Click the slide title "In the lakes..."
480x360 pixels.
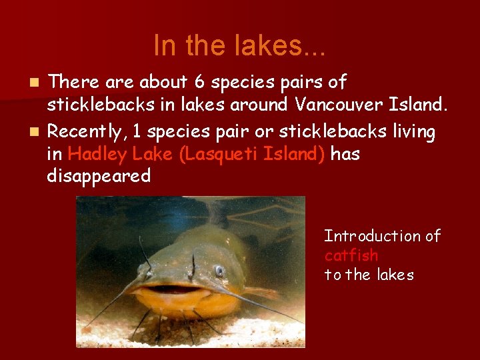click(239, 46)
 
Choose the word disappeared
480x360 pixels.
click(99, 176)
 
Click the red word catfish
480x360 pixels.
click(351, 255)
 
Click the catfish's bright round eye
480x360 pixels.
click(219, 271)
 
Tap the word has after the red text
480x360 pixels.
click(345, 154)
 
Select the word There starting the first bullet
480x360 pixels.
click(73, 83)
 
